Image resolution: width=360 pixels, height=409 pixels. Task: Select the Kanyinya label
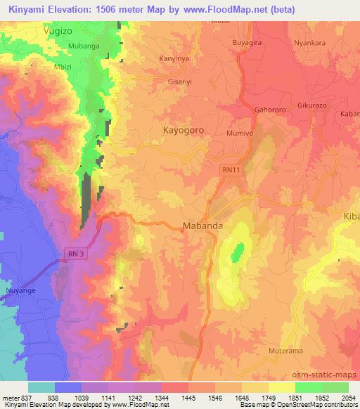(x=176, y=58)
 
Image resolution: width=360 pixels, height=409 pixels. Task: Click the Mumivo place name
(x=240, y=132)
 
